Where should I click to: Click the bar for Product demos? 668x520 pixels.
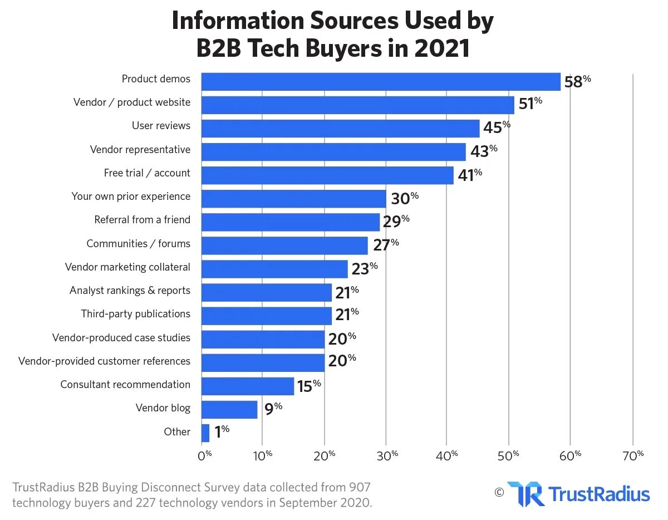point(381,81)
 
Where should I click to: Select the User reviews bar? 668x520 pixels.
point(340,128)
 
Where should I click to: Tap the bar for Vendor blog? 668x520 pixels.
point(229,410)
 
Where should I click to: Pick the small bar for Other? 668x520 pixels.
point(205,433)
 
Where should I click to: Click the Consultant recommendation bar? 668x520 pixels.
point(248,386)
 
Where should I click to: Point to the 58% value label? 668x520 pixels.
point(577,81)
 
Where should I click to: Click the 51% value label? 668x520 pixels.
point(529,105)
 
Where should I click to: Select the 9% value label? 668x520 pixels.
point(273,410)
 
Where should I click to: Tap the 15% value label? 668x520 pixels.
point(308,386)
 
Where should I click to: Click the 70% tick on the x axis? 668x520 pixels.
point(633,455)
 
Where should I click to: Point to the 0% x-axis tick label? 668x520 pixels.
point(205,455)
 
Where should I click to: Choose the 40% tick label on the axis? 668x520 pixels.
point(447,455)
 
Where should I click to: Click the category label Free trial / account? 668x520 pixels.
point(147,173)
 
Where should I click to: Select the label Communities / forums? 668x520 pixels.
point(138,243)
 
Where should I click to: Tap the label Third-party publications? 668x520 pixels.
point(135,314)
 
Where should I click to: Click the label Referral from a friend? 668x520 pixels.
point(142,220)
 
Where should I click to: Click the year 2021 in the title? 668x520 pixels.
point(442,48)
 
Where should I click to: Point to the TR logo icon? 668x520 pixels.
point(525,494)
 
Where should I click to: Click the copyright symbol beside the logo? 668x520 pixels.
point(499,492)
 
